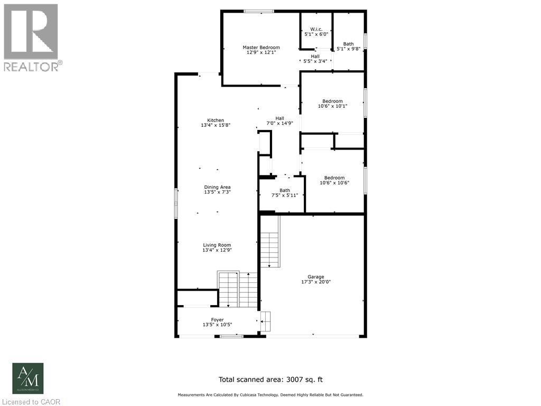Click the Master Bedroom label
point(261,48)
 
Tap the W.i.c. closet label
point(316,29)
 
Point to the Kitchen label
point(216,120)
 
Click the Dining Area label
point(217,187)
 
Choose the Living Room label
point(217,245)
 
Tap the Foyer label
point(217,319)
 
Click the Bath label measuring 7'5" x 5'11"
point(285,190)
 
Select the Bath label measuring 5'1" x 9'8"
point(348,44)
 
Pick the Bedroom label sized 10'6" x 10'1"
point(333,101)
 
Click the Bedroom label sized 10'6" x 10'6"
point(334,178)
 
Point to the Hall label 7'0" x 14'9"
point(279,118)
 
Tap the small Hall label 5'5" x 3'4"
point(315,56)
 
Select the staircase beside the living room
point(237,289)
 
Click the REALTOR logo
point(31,37)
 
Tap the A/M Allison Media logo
point(28,378)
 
